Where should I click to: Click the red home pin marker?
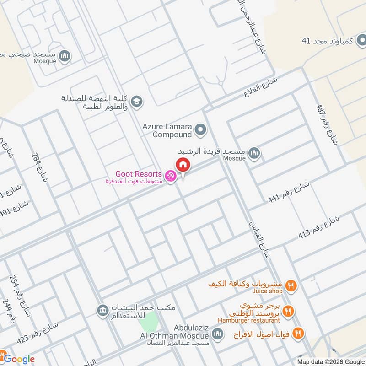coord(183,165)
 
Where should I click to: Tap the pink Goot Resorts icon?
coord(170,176)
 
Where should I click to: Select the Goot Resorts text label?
coord(138,174)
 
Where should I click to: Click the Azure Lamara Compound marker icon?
coord(200,130)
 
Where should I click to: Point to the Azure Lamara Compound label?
coord(166,130)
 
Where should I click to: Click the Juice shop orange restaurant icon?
coord(290,287)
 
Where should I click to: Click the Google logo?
coord(18,359)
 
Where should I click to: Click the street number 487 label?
coord(327,124)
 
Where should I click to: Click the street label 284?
coord(39,167)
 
